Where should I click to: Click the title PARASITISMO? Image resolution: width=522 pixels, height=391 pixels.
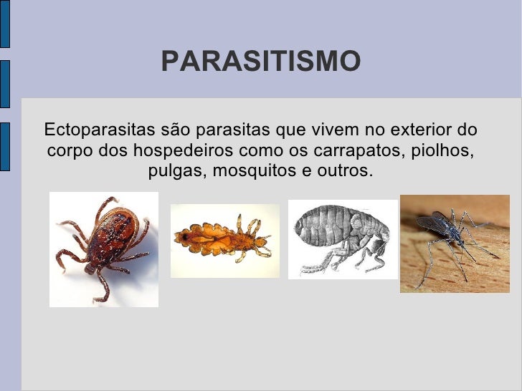[x=260, y=62]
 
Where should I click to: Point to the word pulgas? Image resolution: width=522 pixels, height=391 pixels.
[x=177, y=172]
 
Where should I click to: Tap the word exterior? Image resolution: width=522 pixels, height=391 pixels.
[x=417, y=130]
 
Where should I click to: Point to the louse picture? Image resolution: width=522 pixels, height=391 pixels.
[x=224, y=241]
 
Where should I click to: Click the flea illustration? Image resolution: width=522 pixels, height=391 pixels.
[x=342, y=238]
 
